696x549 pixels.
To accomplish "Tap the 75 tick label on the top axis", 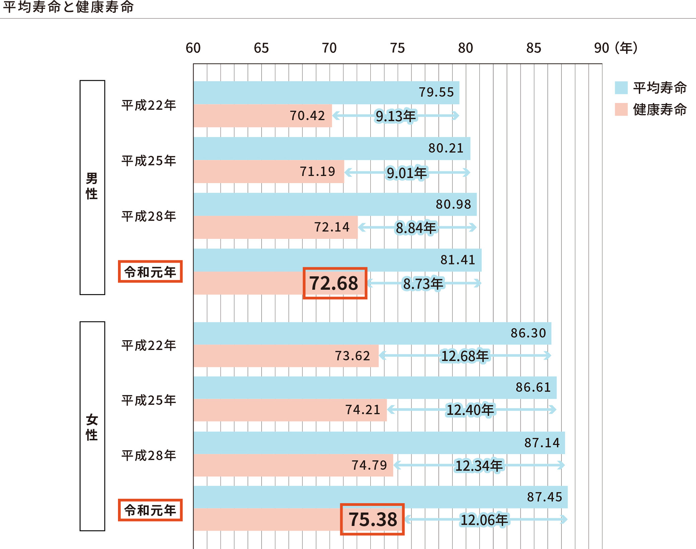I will coord(397,48).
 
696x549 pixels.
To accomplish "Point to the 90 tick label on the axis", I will coord(601,48).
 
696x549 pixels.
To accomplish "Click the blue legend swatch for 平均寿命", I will coord(621,88).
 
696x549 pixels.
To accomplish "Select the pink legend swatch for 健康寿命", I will coord(621,110).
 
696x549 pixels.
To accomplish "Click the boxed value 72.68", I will coord(335,283).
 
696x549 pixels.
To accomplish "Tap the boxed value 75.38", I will coord(372,519).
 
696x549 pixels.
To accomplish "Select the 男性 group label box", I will coord(92,187).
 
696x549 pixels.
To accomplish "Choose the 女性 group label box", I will coord(92,426).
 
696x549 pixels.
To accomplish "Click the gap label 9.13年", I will coord(396,116).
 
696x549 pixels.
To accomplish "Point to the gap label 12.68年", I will coord(465,356).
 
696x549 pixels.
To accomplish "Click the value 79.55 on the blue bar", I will coord(436,92).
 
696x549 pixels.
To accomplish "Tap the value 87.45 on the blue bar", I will coord(544,497).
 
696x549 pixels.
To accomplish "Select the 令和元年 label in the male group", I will coord(150,272).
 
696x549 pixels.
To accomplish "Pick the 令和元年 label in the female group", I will coord(150,510).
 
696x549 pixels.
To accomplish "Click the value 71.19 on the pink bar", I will coord(317,171).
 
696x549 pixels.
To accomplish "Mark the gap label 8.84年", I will coord(416,228).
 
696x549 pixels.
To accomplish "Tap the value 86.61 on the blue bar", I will coord(533,387).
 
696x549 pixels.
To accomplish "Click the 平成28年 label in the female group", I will coord(149,456).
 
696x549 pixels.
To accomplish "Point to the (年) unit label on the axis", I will coord(626,48).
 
